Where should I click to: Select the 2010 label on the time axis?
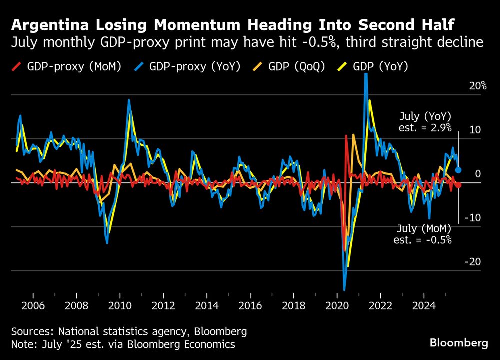click(120, 305)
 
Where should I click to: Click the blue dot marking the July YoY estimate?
click(458, 170)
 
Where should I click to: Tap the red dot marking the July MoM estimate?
click(458, 185)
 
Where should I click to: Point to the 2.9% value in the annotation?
click(440, 127)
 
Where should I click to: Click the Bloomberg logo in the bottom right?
click(459, 343)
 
